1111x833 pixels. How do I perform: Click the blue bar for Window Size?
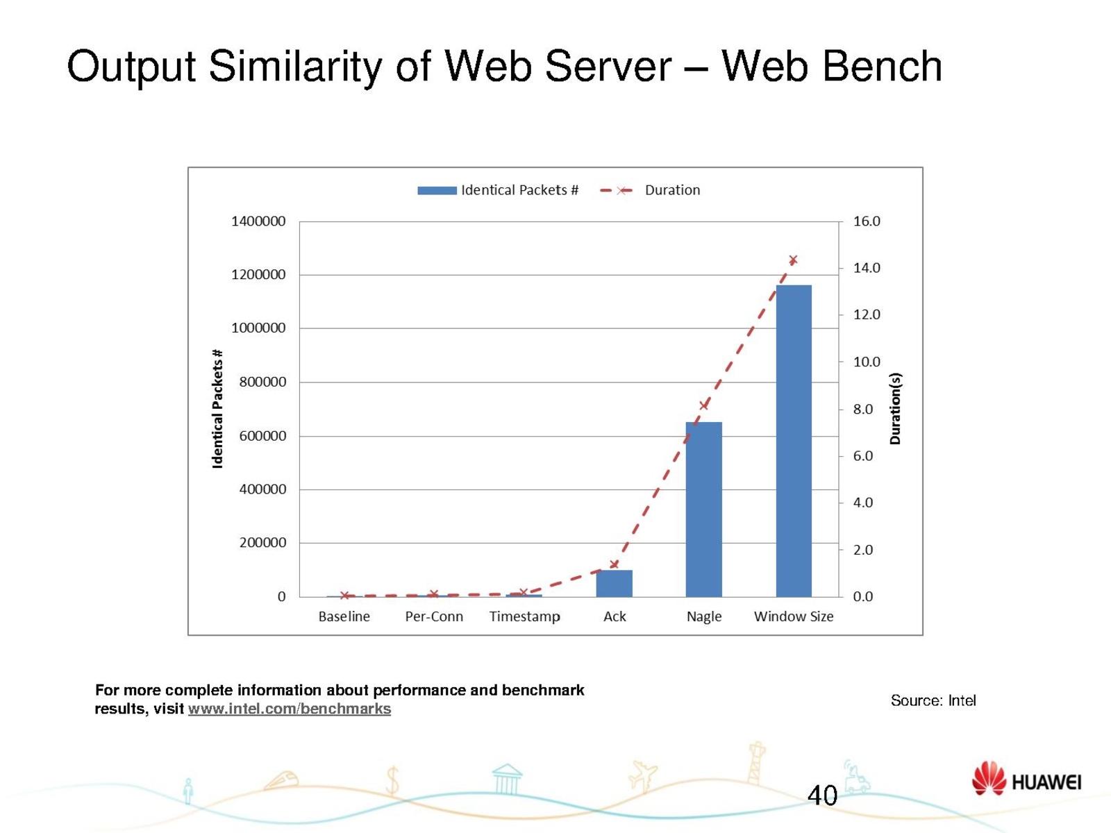[794, 441]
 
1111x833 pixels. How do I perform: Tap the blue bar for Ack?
[614, 583]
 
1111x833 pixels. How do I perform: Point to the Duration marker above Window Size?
[793, 260]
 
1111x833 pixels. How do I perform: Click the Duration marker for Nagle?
[704, 405]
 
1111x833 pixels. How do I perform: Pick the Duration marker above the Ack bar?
[614, 564]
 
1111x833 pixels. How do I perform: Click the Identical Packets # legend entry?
[498, 190]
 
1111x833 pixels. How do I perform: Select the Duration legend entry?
[650, 190]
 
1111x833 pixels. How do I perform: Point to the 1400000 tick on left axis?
[258, 221]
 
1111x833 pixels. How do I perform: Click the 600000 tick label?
[262, 436]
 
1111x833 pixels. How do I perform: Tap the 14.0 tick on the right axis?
[866, 268]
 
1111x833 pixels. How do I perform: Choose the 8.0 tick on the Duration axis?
[862, 410]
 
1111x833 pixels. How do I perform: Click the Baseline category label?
[344, 616]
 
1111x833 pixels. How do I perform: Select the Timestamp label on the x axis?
[524, 616]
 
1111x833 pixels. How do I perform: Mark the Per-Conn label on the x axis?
[434, 616]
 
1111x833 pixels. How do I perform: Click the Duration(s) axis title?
[895, 408]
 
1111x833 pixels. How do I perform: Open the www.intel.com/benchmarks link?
[289, 709]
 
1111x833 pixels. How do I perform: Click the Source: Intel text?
[933, 700]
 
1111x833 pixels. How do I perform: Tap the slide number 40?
[822, 796]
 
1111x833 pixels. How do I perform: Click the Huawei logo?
[1026, 780]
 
